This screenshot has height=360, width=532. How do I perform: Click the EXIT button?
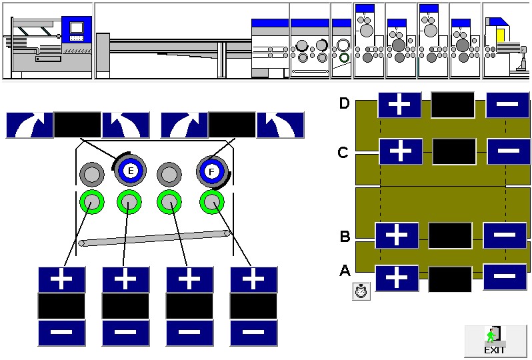(495, 341)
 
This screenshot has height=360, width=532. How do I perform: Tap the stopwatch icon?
(361, 291)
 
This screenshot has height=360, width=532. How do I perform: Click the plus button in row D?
(399, 105)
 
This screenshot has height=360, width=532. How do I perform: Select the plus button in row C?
(400, 151)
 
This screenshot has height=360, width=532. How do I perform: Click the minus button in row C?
(509, 151)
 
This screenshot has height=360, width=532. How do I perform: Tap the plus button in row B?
(397, 235)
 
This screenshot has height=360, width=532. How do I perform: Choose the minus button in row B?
(505, 235)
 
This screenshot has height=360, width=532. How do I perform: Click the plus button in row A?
(397, 277)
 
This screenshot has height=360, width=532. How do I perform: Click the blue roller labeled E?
(131, 172)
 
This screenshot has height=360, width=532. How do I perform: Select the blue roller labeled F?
(211, 172)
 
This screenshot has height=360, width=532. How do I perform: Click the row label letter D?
(344, 103)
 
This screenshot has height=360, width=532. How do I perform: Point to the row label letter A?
(345, 271)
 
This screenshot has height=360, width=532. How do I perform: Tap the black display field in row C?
(454, 151)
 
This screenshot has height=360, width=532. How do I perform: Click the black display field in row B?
(450, 235)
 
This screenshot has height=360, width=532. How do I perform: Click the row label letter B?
(345, 236)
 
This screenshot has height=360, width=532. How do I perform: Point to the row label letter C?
(343, 153)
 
